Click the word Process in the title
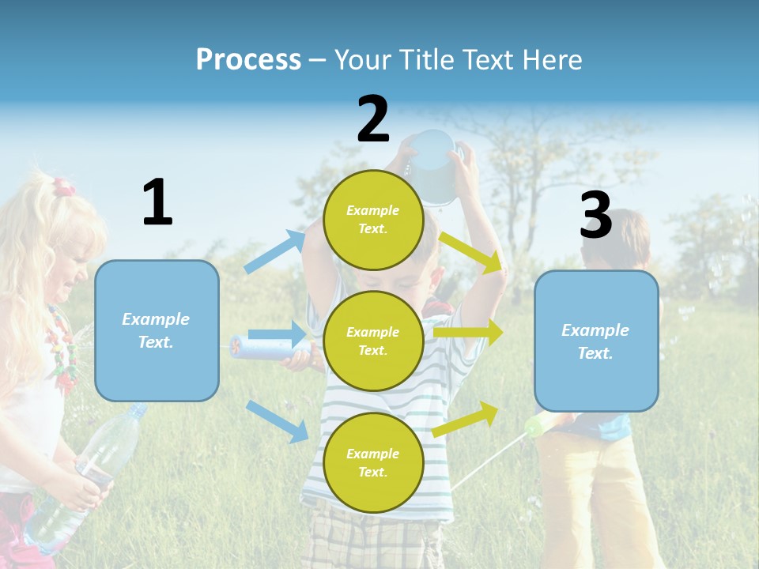(248, 59)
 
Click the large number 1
(157, 202)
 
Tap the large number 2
(373, 119)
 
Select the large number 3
(595, 215)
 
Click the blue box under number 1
(157, 330)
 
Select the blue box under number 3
(596, 341)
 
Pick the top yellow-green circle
(373, 220)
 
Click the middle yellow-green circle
(373, 341)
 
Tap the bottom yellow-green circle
(373, 462)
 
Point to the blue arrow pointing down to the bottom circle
(277, 420)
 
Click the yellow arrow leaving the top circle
(471, 252)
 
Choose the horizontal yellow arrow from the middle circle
(468, 333)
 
